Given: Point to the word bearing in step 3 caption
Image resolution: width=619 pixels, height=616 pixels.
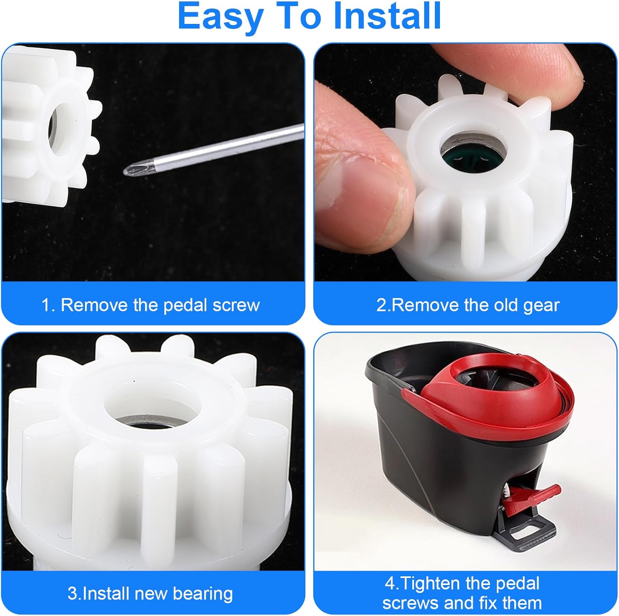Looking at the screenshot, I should pos(203,594).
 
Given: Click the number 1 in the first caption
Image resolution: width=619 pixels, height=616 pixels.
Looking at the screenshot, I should pos(46,305).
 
